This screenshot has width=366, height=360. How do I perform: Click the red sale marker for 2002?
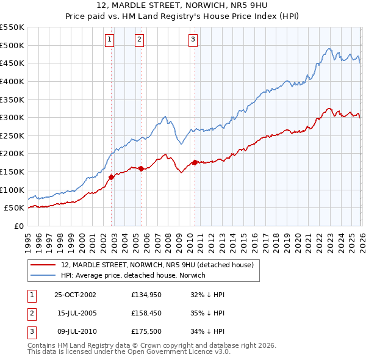tap(112, 177)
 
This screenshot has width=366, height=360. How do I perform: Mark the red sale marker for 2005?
tap(141, 168)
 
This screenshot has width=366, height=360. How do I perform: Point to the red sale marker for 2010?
tap(195, 162)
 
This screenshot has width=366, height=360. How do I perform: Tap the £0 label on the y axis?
tap(18, 226)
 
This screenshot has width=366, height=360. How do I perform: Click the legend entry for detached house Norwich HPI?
tap(133, 275)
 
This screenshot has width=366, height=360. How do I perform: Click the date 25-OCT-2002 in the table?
tap(75, 295)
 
